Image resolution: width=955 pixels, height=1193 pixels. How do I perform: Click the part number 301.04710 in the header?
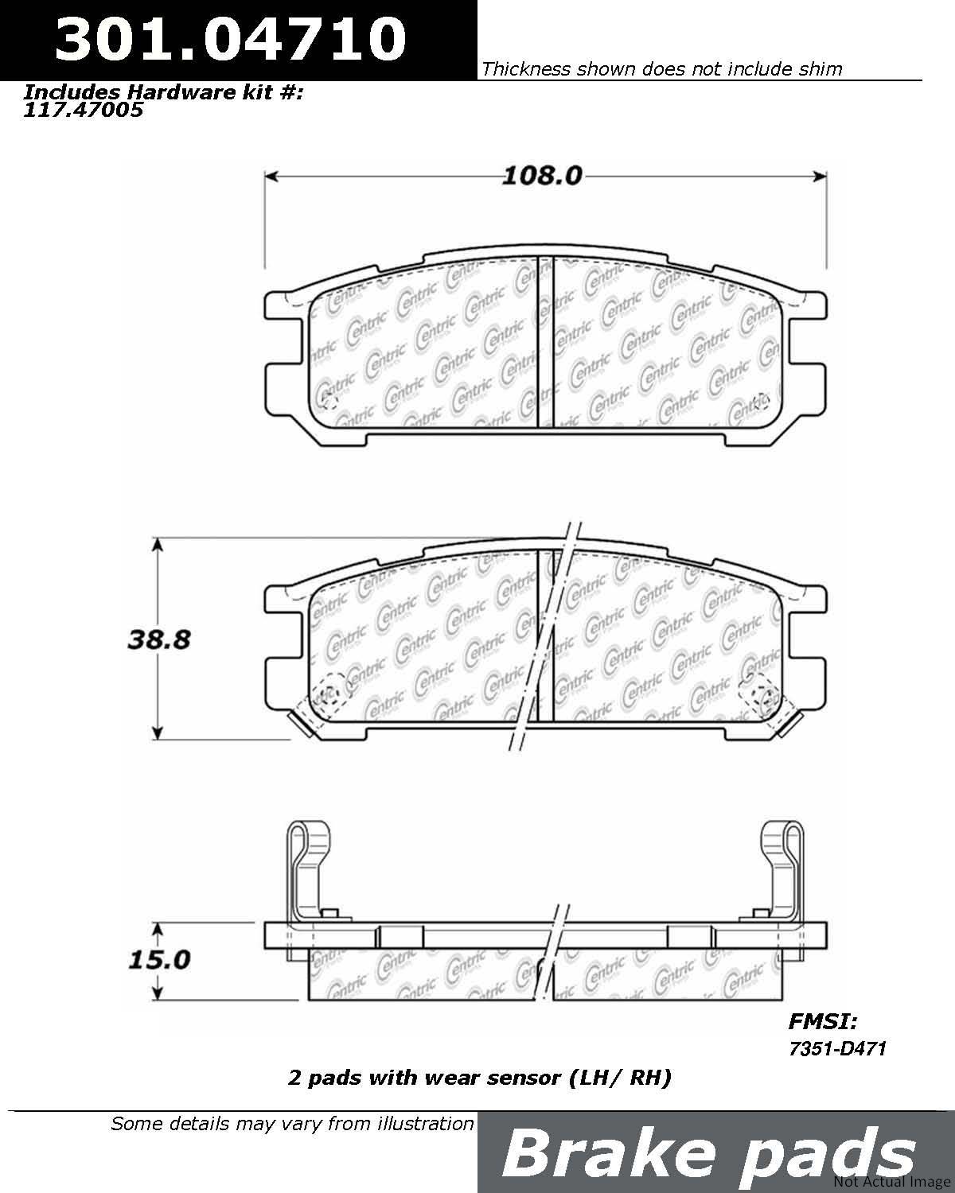pyautogui.click(x=231, y=39)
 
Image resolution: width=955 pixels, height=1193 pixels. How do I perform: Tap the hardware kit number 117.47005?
pyautogui.click(x=83, y=111)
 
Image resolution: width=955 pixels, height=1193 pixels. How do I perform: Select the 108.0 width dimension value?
pyautogui.click(x=542, y=177)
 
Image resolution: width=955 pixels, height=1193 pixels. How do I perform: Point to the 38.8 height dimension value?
pyautogui.click(x=158, y=639)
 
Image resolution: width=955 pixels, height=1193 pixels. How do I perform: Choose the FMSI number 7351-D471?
pyautogui.click(x=837, y=1048)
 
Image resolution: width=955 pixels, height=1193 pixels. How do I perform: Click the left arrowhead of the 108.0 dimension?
pyautogui.click(x=271, y=177)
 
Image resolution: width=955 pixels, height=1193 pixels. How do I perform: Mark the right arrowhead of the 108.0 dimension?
pyautogui.click(x=821, y=177)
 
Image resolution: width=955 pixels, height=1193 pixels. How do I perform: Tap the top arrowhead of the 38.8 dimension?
pyautogui.click(x=158, y=544)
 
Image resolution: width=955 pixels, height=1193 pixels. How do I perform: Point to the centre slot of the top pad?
pyautogui.click(x=546, y=341)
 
